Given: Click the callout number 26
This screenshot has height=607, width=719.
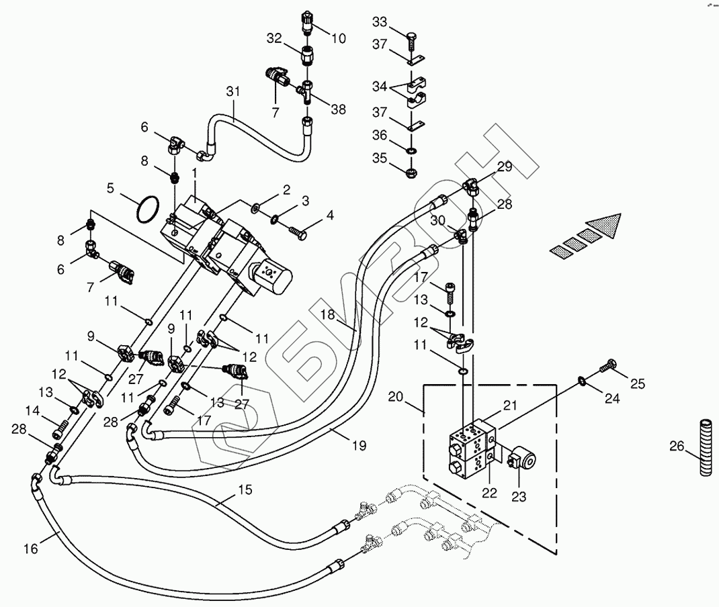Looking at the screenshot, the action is (x=677, y=446).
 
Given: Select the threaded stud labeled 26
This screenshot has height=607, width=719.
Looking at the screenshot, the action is (x=706, y=447).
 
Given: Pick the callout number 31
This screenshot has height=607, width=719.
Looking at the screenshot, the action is (x=233, y=91).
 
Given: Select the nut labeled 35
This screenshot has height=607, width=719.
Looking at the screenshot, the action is (x=411, y=173).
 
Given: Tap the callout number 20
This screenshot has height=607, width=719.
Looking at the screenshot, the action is (x=395, y=396).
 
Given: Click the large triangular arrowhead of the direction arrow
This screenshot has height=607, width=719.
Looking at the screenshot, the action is (x=603, y=226).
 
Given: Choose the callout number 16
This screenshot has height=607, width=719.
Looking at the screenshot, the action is (x=31, y=548).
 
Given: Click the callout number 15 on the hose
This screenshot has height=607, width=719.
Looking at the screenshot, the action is (x=245, y=489).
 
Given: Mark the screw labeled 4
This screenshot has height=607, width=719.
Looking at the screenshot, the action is (x=298, y=232).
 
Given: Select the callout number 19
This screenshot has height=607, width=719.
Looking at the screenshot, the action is (x=359, y=445).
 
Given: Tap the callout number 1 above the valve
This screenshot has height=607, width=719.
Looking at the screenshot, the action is (x=194, y=173).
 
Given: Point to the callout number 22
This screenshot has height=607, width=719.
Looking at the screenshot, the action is (x=490, y=492).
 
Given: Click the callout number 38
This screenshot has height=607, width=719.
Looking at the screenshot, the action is (x=339, y=109).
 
